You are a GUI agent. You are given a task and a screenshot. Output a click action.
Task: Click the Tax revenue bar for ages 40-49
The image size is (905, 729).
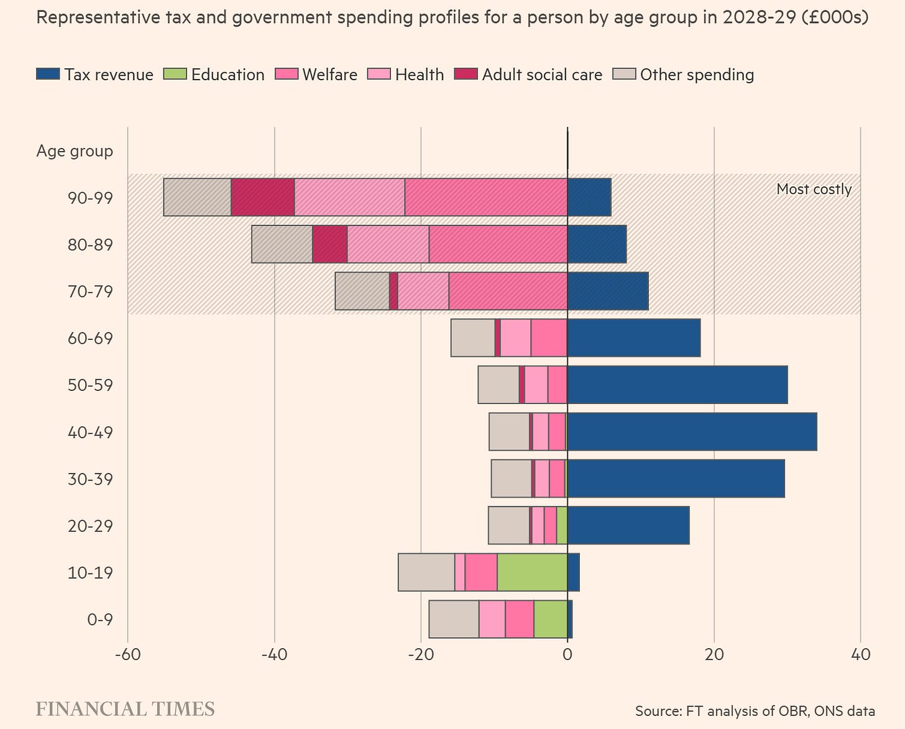tap(692, 432)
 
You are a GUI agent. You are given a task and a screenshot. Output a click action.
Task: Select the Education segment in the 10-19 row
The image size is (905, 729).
tap(532, 572)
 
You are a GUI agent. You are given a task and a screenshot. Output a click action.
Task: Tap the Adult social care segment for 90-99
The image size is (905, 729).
tap(262, 198)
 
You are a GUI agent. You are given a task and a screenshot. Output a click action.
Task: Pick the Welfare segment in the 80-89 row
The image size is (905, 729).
tap(498, 244)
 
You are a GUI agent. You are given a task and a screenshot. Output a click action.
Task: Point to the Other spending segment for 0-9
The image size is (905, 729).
tap(454, 619)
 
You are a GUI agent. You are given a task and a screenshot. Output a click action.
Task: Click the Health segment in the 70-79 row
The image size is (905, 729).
tap(423, 291)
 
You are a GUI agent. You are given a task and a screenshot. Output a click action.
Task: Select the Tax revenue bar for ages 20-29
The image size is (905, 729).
tap(628, 526)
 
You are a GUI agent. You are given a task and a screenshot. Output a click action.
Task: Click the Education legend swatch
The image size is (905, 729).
tap(175, 75)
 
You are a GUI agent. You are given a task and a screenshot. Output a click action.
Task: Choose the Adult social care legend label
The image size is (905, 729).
tap(542, 75)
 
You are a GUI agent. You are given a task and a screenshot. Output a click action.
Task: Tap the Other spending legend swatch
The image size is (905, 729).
tap(624, 75)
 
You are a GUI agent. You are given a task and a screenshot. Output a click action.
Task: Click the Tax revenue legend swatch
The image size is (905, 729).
tap(48, 75)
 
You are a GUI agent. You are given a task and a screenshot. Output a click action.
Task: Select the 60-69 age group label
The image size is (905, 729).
tap(91, 339)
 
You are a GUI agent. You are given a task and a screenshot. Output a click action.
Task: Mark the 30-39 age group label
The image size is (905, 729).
tap(91, 479)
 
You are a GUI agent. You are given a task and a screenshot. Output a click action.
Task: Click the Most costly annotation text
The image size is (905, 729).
tap(814, 189)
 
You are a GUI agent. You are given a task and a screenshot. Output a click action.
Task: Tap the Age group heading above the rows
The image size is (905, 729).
tap(75, 151)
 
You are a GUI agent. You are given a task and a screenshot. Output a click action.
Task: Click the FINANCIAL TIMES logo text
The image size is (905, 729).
tap(125, 709)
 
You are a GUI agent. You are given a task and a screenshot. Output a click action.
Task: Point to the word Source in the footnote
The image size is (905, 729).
tap(657, 711)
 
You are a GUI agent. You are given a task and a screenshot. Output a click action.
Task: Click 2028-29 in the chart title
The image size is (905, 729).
tap(758, 17)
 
